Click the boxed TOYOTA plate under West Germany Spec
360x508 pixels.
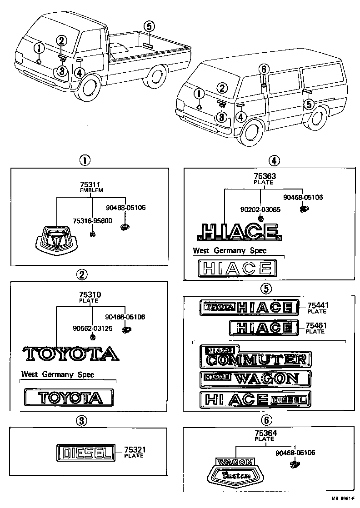(x=69, y=397)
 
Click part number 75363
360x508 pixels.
(x=263, y=176)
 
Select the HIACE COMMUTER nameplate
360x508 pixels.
(x=255, y=357)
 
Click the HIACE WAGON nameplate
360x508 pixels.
(x=255, y=379)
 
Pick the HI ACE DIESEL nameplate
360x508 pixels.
(x=255, y=399)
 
